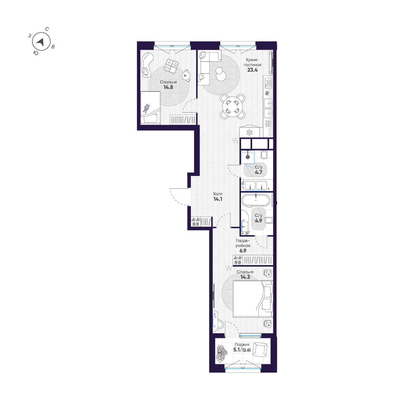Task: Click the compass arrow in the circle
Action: (40, 42)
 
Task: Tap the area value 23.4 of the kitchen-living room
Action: (253, 70)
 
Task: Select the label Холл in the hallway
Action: (218, 193)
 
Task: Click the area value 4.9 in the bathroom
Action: (258, 221)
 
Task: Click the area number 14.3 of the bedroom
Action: (245, 277)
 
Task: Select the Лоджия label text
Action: (241, 344)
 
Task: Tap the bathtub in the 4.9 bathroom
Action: (255, 200)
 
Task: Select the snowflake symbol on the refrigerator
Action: (249, 132)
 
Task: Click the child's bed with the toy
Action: (150, 108)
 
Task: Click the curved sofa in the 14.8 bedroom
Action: (146, 65)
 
